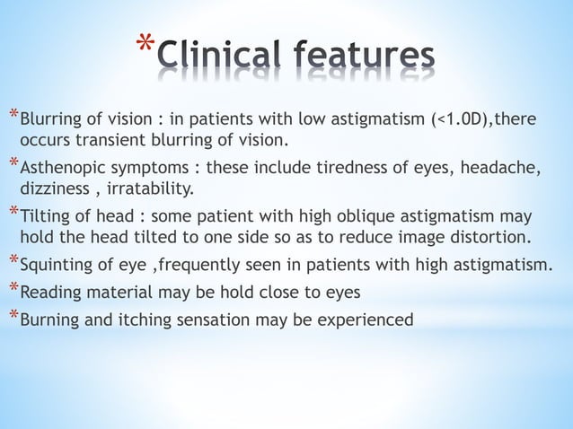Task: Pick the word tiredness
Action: (x=307, y=171)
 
